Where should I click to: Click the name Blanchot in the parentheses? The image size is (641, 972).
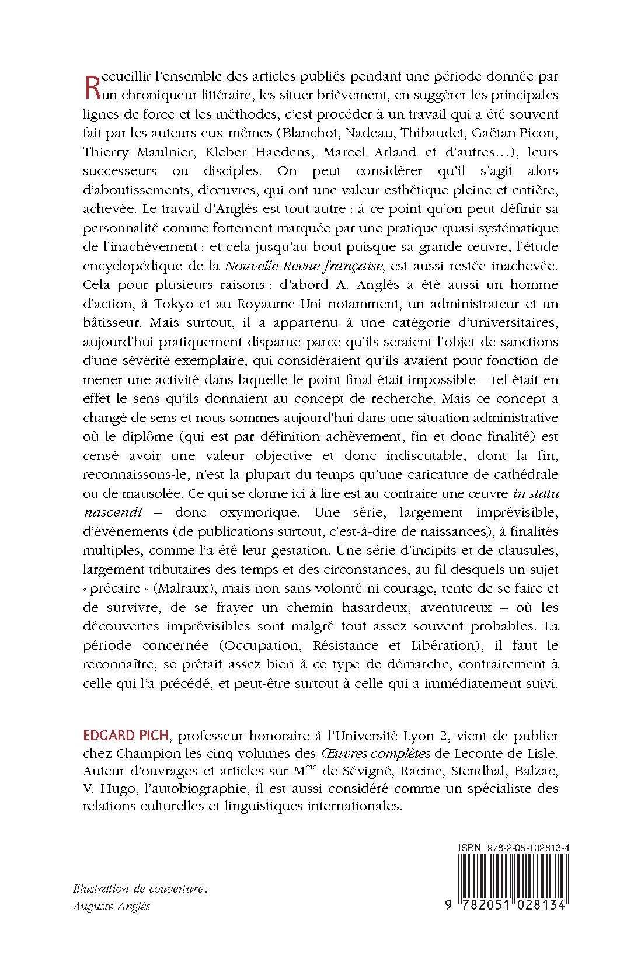[x=320, y=133]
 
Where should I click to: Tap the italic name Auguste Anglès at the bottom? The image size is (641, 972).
[x=112, y=907]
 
